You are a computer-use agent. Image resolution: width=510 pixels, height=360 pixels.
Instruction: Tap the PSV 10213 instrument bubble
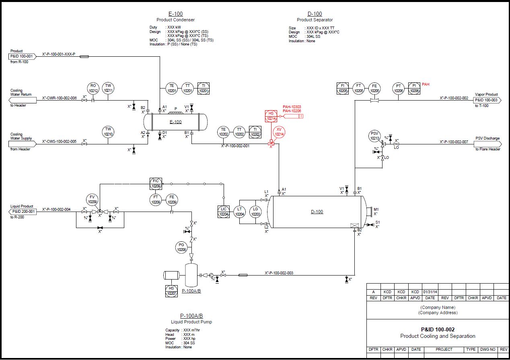[x=374, y=136]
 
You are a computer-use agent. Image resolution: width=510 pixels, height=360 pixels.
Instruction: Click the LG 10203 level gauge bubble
[x=255, y=212]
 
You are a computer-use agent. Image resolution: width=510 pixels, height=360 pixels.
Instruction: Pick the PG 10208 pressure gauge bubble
[x=182, y=247]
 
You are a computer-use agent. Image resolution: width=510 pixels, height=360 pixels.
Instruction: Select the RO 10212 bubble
[x=93, y=88]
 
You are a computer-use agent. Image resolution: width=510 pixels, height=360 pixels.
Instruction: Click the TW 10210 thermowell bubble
[x=108, y=132]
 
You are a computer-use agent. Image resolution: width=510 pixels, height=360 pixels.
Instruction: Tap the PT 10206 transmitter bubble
[x=399, y=88]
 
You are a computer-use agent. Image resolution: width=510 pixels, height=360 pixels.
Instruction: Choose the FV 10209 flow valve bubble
[x=93, y=199]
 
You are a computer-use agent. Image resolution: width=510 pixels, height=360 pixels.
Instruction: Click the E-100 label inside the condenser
[x=175, y=122]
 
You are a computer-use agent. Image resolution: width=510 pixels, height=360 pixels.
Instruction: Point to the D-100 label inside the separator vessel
[x=317, y=212]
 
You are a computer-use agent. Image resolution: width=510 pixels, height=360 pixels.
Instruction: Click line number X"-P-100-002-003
[x=279, y=273]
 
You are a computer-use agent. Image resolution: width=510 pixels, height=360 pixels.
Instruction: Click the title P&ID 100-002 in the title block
[x=438, y=329]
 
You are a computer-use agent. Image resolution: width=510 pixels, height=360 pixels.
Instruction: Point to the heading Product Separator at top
[x=315, y=20]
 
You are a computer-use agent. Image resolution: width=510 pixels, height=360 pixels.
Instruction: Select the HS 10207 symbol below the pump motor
[x=172, y=291]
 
